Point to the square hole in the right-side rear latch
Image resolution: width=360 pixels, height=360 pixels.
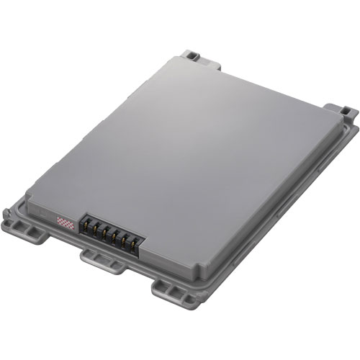point(348,112)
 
